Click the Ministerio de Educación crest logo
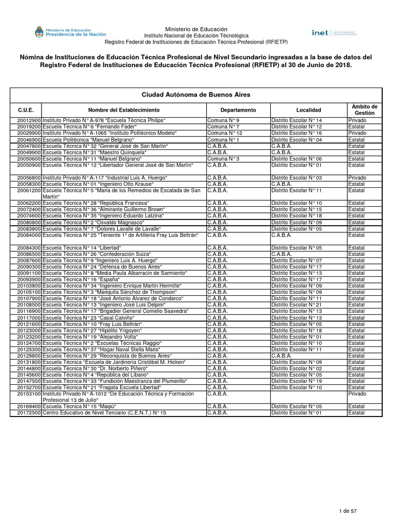point(39,33)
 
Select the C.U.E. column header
point(26,110)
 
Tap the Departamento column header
point(238,110)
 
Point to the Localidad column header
point(309,110)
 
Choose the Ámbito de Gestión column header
point(364,110)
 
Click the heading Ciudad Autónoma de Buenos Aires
point(196,95)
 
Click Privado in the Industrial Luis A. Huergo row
point(357,178)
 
